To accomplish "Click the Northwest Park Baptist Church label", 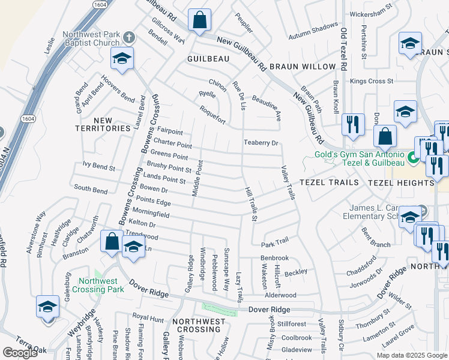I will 94,39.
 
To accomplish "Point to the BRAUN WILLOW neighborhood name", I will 302,66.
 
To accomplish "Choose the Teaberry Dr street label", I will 261,143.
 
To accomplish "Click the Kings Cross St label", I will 372,81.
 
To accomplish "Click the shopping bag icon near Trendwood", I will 112,242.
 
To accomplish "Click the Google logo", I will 20,353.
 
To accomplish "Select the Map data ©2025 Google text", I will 411,355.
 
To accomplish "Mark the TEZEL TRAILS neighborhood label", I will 329,182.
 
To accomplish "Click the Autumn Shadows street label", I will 313,28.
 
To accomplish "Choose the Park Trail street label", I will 275,241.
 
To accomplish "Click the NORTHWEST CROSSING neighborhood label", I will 199,322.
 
